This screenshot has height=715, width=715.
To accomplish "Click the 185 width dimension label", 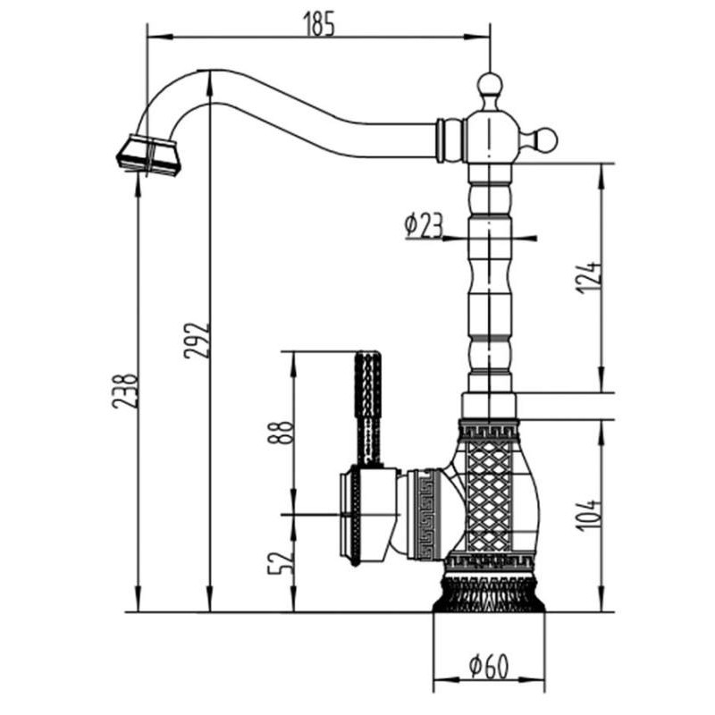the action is point(319,24).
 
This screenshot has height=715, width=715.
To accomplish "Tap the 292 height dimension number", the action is point(197,341).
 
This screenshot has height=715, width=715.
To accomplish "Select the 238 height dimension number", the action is point(124,391).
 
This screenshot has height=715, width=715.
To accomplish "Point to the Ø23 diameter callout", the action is point(424,226).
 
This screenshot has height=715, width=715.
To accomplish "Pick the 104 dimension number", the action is point(588,516).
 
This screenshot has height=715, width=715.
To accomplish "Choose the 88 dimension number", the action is point(280,433).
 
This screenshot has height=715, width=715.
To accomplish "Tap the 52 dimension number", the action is point(280,563).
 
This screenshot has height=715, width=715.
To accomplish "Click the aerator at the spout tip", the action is point(148,155).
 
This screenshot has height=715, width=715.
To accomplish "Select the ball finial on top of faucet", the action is point(490,85).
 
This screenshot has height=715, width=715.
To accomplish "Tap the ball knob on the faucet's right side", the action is point(544,139).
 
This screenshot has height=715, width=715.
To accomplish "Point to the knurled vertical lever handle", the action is point(367,409).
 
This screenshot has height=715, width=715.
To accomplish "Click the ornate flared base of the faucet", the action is point(489,593).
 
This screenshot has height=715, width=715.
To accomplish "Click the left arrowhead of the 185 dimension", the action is point(161,37).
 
